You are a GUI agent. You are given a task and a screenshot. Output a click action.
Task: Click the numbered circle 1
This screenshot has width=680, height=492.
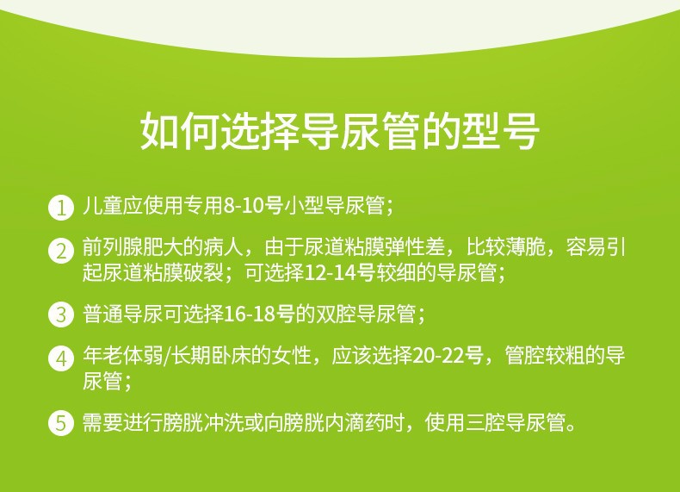61,208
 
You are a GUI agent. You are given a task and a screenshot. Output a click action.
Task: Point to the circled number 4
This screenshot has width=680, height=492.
61,358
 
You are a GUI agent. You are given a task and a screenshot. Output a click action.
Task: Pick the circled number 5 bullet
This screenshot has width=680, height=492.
61,423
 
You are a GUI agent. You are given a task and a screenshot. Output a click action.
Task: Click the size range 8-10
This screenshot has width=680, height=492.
243,208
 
